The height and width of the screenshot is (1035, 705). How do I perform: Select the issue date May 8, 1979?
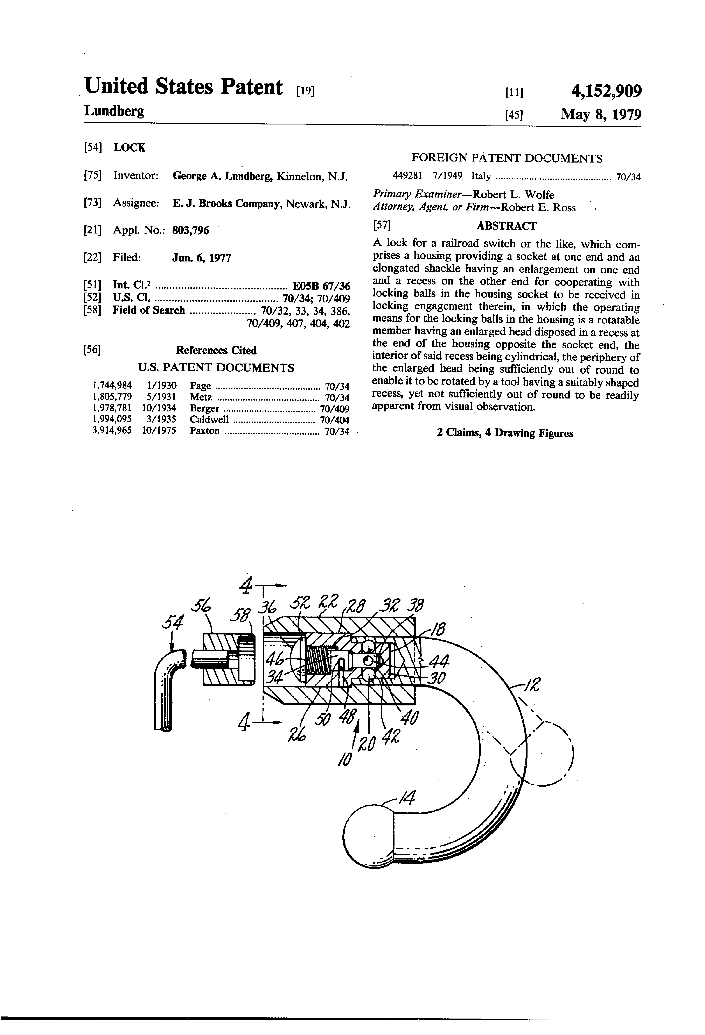tap(601, 115)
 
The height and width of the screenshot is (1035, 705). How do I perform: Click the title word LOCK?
tap(129, 148)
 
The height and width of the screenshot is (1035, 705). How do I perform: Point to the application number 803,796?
tap(190, 230)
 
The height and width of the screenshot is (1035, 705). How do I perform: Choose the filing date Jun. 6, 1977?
tap(201, 258)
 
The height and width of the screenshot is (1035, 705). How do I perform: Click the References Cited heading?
tap(216, 351)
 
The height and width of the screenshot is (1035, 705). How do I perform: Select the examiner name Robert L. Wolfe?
tap(513, 195)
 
